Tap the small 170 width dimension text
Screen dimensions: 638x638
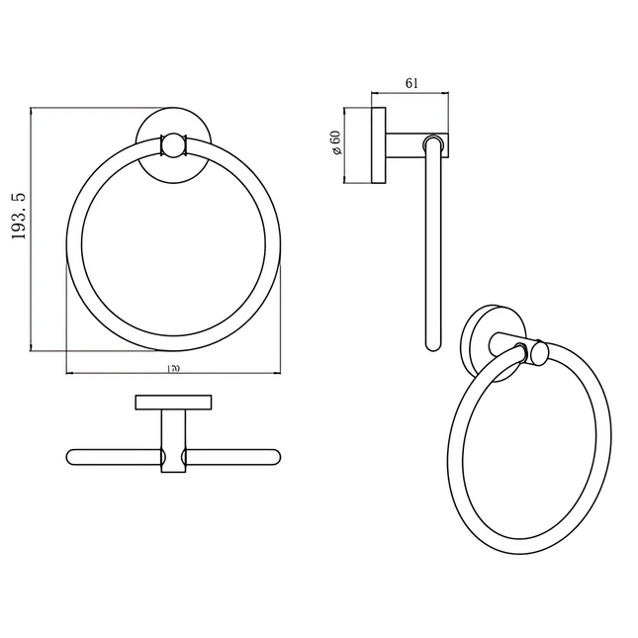173,368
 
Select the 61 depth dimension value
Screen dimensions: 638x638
411,83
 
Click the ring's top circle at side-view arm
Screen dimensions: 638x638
430,144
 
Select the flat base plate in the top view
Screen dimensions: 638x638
173,402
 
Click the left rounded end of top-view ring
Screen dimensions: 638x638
72,457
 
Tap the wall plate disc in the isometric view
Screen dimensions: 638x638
477,341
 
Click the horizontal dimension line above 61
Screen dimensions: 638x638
411,96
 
